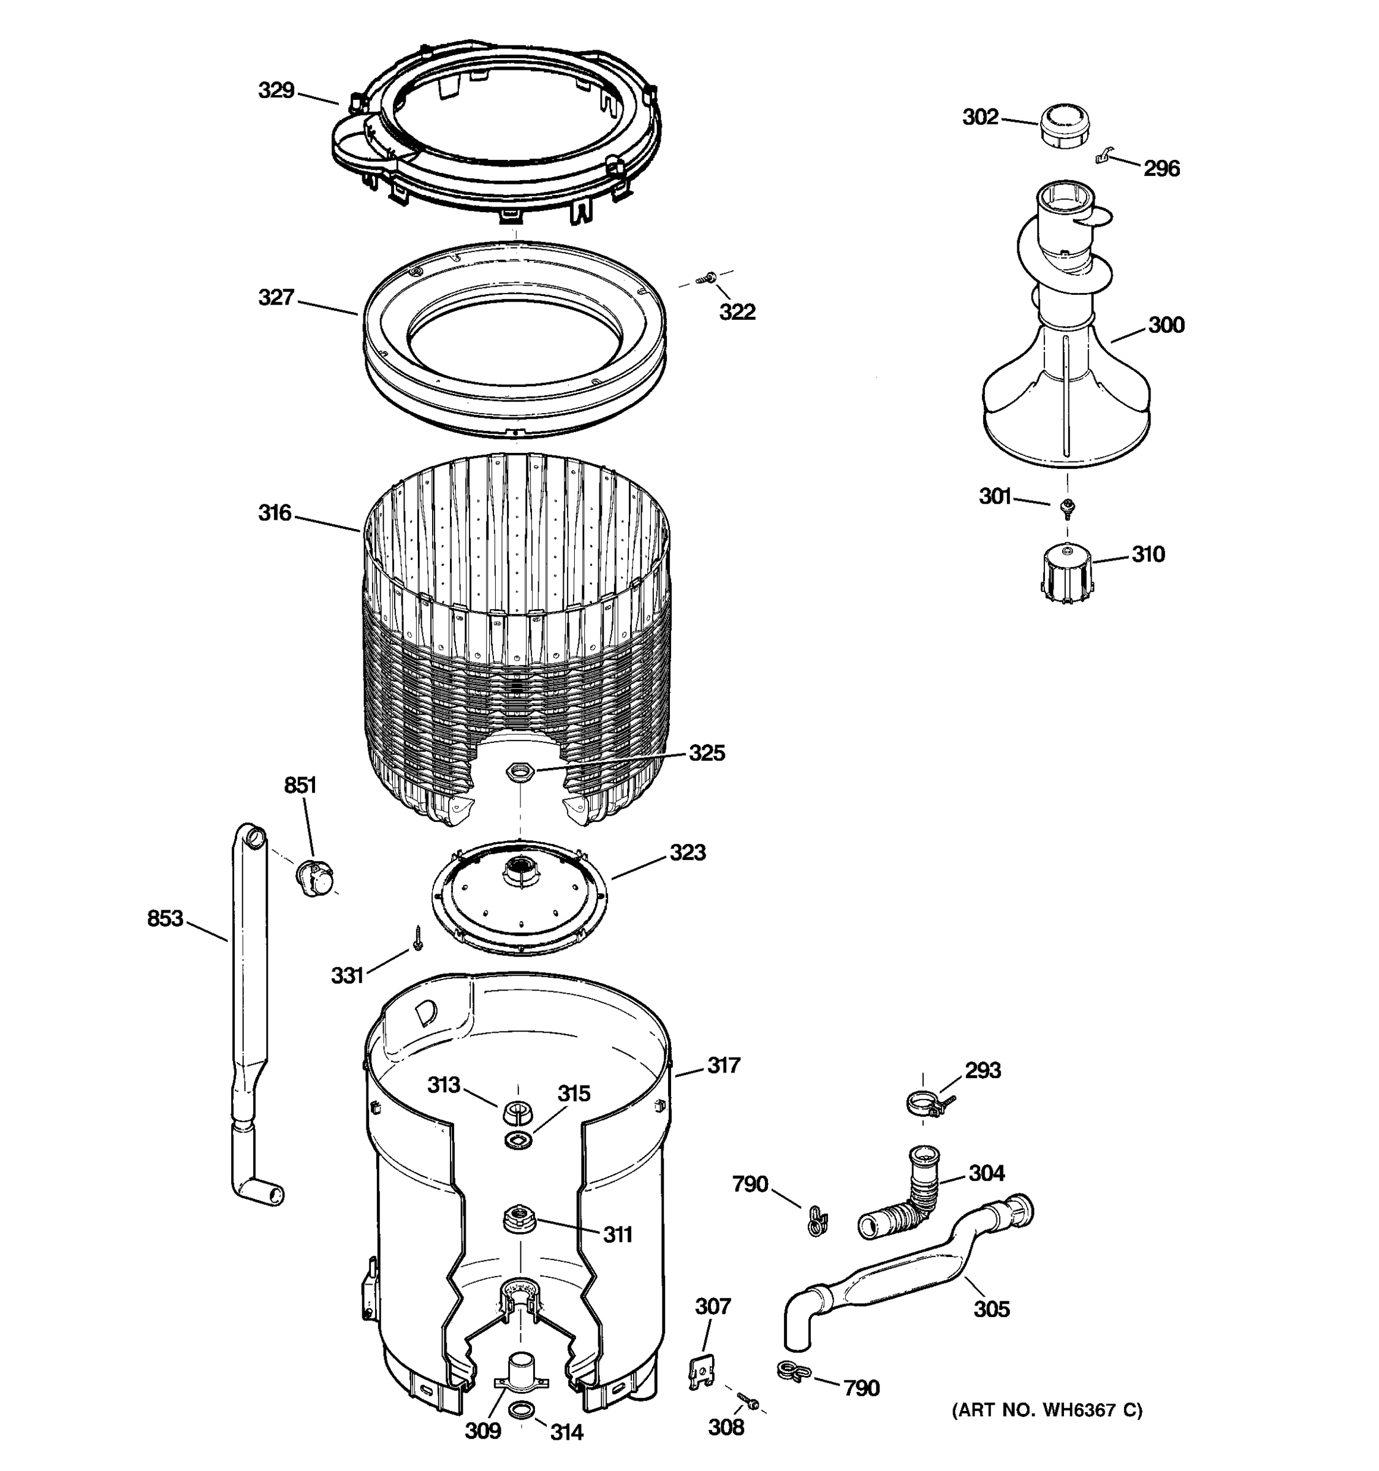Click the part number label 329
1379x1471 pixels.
point(276,90)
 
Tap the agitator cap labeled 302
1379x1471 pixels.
point(1066,126)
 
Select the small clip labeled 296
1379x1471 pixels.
point(1104,156)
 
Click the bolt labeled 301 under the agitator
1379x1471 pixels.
point(1067,507)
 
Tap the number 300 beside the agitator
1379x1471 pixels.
point(1166,325)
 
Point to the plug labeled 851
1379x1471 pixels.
point(314,878)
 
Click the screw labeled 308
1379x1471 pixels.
point(748,1400)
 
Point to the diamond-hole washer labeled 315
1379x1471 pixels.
point(518,1139)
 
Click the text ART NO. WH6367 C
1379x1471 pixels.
point(1047,1410)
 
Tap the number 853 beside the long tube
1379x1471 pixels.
point(164,918)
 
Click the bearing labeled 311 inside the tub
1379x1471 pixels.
point(518,1217)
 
